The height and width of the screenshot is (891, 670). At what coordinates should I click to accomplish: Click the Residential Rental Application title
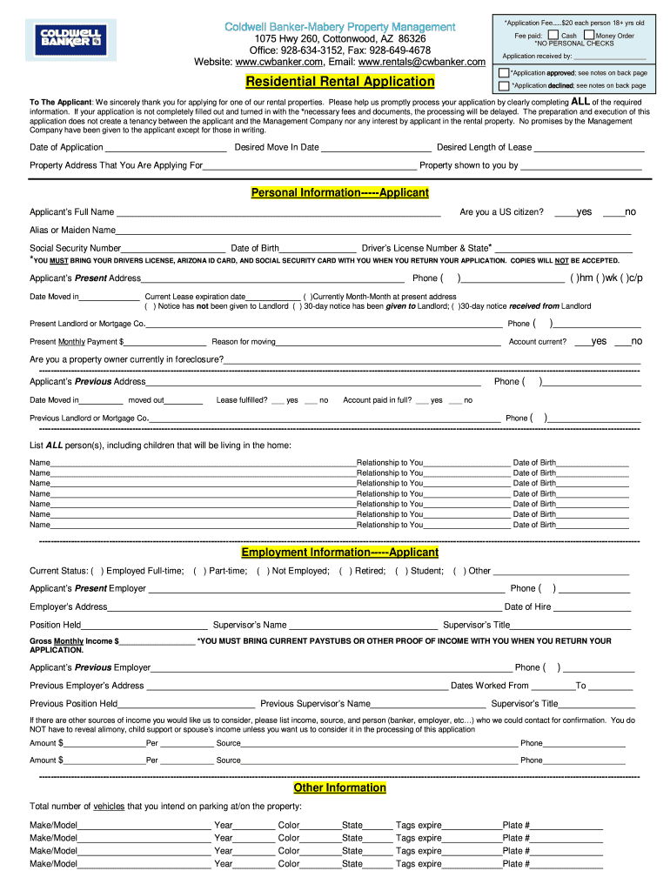coord(339,82)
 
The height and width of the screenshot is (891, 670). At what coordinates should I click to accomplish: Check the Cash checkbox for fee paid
coord(553,36)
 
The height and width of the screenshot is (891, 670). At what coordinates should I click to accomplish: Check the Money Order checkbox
coord(589,36)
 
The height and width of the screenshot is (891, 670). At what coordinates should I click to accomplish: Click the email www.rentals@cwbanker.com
coord(421,63)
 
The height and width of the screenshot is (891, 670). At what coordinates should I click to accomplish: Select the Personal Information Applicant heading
coord(339,192)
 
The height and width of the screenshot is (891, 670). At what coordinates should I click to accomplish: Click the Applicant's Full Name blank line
coord(278,213)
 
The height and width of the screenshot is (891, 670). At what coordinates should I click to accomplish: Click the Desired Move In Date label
coord(277,148)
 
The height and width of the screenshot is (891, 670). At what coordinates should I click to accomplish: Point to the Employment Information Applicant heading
coord(339,553)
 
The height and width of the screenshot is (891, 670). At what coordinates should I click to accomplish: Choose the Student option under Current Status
coord(423,572)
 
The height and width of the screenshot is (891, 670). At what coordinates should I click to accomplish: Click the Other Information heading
coord(339,787)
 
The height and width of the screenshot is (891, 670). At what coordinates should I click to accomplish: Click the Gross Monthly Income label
coord(71,641)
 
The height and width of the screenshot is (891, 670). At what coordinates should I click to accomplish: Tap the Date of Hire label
coord(527,607)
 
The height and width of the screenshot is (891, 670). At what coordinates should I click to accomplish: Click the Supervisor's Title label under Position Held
coord(476,625)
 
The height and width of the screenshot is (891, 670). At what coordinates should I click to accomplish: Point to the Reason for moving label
coord(244,342)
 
